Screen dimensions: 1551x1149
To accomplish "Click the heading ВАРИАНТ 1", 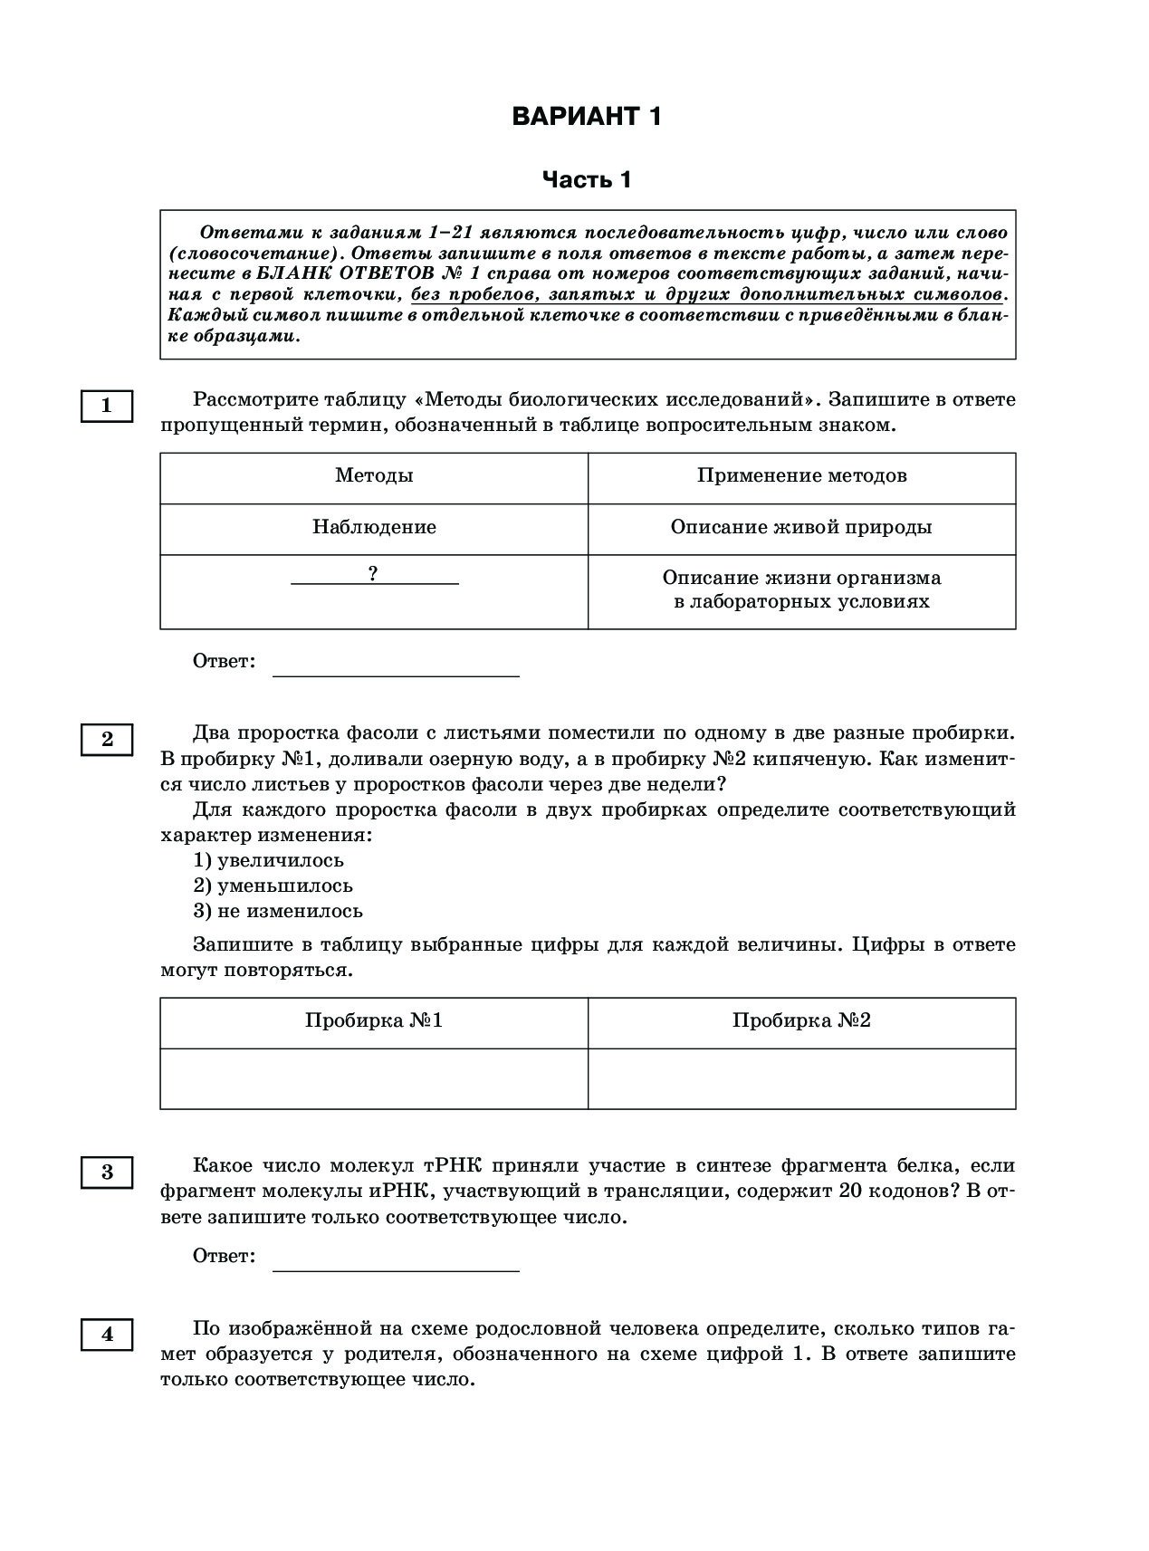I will click(586, 117).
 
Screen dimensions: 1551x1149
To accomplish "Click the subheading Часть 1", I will click(586, 180).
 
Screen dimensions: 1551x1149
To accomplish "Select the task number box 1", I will click(107, 406).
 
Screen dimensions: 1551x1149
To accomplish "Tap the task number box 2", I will click(107, 740).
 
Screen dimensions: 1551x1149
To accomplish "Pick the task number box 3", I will click(107, 1173).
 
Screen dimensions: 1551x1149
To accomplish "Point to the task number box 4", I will click(107, 1335).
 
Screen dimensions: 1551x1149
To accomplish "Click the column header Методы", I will click(374, 476).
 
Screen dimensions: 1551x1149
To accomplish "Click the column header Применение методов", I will click(801, 476).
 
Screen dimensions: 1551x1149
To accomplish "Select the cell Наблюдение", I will click(374, 528).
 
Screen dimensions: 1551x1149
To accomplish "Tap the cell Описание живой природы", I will click(801, 528).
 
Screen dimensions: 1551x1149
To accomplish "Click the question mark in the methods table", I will click(373, 574).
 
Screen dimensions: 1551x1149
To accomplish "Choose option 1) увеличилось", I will click(269, 860).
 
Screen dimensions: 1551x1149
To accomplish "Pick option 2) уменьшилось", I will click(273, 886).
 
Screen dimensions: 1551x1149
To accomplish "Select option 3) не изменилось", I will click(278, 911).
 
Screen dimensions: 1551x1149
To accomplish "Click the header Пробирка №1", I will click(374, 1021).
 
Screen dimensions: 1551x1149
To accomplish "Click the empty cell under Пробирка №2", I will click(801, 1078).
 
